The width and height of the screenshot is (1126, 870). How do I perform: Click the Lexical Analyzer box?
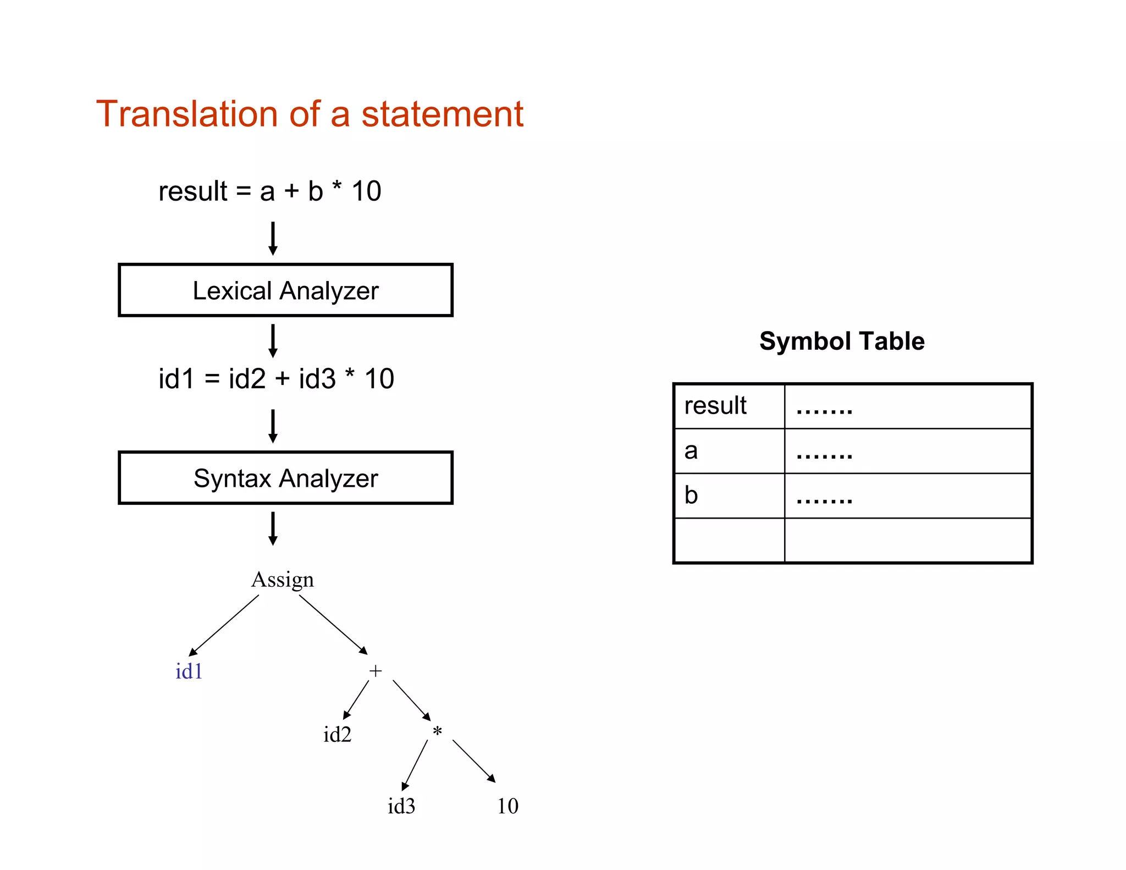(x=285, y=290)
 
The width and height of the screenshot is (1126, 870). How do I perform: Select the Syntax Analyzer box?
(x=285, y=478)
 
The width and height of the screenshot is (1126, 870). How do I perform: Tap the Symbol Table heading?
(x=842, y=341)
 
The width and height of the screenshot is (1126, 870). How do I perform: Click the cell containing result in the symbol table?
(x=728, y=406)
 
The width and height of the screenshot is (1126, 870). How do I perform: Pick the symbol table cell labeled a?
(x=728, y=451)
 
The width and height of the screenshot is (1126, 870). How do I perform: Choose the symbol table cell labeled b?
(x=728, y=495)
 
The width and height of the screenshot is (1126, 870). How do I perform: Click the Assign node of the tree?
(x=283, y=580)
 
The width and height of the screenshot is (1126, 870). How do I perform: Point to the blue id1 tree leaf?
(x=189, y=671)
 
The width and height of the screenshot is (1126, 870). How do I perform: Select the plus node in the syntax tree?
(x=376, y=671)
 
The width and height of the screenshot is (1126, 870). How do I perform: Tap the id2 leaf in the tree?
(x=337, y=735)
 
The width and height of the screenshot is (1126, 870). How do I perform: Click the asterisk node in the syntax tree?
(x=437, y=731)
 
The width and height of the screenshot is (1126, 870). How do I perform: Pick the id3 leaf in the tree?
(x=401, y=806)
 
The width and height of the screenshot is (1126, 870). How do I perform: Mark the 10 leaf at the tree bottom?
(x=507, y=806)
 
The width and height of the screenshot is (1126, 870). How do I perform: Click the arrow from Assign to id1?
(x=224, y=626)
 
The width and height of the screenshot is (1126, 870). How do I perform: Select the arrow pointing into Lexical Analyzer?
(x=273, y=239)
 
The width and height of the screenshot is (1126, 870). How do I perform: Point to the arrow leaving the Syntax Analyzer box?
(x=273, y=528)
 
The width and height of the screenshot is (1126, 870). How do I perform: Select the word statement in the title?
(x=442, y=114)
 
